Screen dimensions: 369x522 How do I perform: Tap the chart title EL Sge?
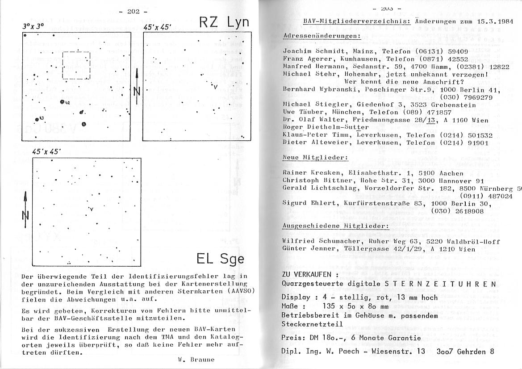click(x=221, y=259)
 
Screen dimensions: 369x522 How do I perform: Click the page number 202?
click(x=134, y=11)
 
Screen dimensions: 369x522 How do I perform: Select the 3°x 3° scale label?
click(x=33, y=26)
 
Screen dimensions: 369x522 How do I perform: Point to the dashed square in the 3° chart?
click(x=76, y=66)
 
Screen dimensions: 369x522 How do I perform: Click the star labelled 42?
click(x=63, y=102)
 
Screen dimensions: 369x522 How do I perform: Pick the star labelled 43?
click(x=38, y=119)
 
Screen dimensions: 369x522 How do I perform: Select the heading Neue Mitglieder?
click(x=315, y=158)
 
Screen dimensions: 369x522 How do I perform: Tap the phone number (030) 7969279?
click(x=466, y=97)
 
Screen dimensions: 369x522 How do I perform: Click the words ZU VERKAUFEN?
click(x=307, y=274)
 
